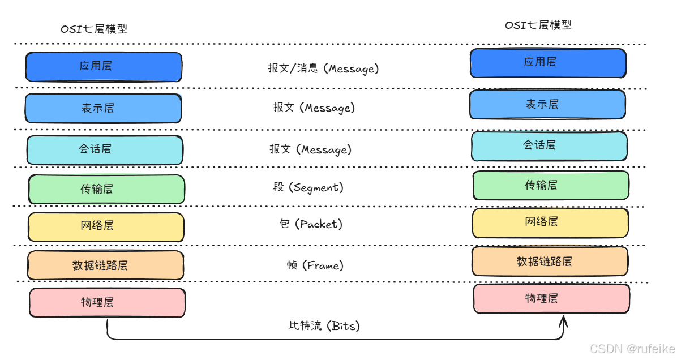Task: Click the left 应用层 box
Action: (x=104, y=67)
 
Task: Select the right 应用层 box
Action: (x=548, y=63)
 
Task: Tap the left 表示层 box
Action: (x=103, y=108)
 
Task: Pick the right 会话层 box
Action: (x=549, y=146)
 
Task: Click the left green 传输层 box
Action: (x=106, y=189)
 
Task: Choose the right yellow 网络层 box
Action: (x=550, y=222)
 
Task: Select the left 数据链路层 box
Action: (x=105, y=265)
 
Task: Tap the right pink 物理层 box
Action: (x=551, y=298)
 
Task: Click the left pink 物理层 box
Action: (x=107, y=302)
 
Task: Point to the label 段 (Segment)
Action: (x=308, y=187)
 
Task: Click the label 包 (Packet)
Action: (x=311, y=225)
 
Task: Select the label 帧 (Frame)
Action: (x=315, y=265)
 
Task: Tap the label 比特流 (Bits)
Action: (x=324, y=326)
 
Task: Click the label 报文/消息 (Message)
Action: (x=323, y=69)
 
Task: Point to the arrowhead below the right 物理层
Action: (x=563, y=322)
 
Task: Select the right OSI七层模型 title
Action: (x=538, y=25)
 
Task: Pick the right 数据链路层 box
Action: (x=550, y=262)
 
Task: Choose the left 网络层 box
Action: (x=106, y=226)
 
